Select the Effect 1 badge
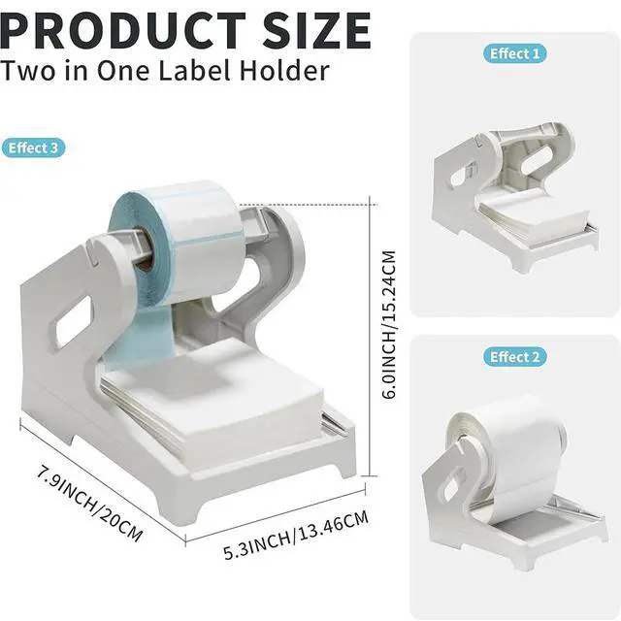(x=514, y=53)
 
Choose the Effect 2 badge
(x=514, y=357)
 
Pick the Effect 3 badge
(x=33, y=147)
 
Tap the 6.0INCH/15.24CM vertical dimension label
(x=388, y=324)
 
